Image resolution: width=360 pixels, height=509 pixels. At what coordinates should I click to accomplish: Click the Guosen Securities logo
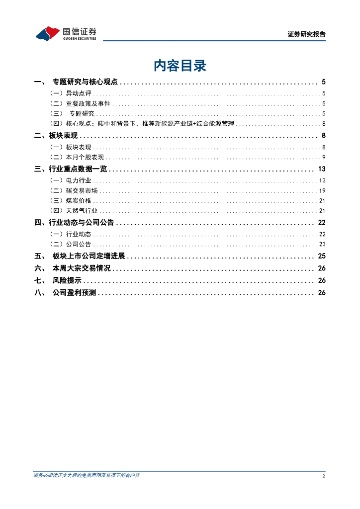coord(66,33)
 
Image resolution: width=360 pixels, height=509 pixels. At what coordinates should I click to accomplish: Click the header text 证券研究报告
coord(306,34)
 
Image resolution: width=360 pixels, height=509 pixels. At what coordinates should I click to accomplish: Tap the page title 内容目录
coord(180,66)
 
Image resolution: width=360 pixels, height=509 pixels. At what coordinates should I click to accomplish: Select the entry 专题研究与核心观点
coord(85,82)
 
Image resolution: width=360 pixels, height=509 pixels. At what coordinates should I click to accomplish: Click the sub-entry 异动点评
coord(78,93)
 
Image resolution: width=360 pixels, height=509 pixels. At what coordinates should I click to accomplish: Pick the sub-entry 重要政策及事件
coord(88,103)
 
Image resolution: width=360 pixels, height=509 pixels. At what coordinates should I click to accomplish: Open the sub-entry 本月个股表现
coord(85,157)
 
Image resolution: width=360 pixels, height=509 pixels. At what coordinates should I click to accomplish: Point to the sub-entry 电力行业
coord(78,180)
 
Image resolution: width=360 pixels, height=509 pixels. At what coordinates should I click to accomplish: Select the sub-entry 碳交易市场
coord(82,190)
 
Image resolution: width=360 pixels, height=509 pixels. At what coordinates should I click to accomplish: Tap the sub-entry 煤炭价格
coord(78,200)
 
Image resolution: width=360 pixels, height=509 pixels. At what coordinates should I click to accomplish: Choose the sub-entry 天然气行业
coord(82,211)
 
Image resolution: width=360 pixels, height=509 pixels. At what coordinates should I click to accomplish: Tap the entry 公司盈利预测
coord(75,293)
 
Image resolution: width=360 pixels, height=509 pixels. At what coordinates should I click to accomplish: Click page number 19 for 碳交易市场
coord(322,190)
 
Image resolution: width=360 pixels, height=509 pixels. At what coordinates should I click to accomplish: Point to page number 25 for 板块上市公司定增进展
coord(321,256)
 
